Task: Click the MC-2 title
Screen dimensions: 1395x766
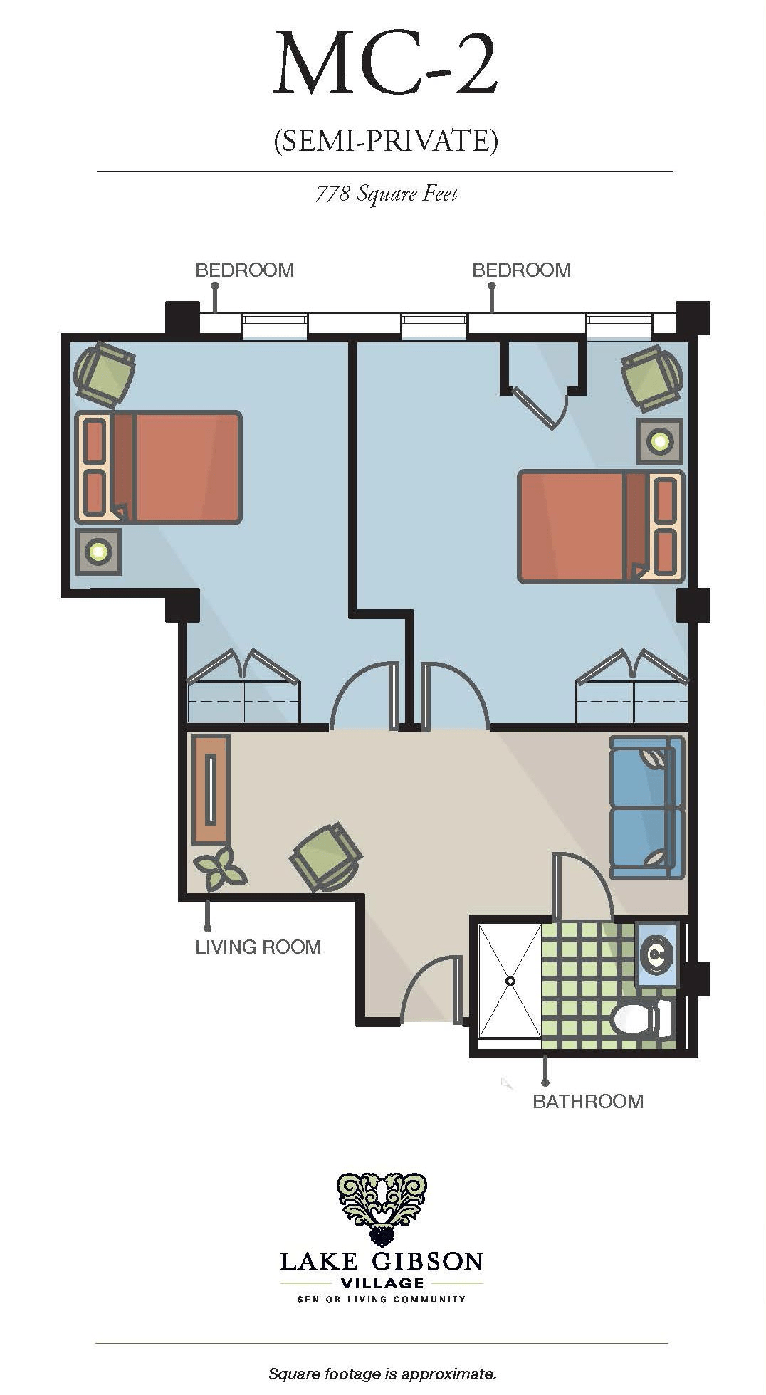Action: (385, 64)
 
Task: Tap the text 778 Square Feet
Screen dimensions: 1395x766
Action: (387, 194)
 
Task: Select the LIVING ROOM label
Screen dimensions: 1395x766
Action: (258, 947)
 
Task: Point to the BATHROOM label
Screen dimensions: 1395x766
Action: (587, 1101)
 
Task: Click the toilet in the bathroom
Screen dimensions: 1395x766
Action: (641, 1018)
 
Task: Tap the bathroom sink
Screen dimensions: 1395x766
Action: (656, 954)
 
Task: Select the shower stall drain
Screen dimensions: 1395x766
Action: (510, 981)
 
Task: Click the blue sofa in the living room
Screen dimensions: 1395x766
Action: (646, 807)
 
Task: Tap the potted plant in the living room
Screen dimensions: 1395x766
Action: (219, 868)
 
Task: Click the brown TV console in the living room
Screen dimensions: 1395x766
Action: (211, 789)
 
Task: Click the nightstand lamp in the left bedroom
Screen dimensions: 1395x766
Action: (98, 551)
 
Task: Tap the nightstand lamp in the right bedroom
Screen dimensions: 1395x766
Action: (659, 441)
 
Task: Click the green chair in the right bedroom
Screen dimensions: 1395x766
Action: (651, 378)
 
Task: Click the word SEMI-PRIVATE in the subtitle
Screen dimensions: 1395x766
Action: (386, 140)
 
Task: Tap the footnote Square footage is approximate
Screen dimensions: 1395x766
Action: (382, 1373)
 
